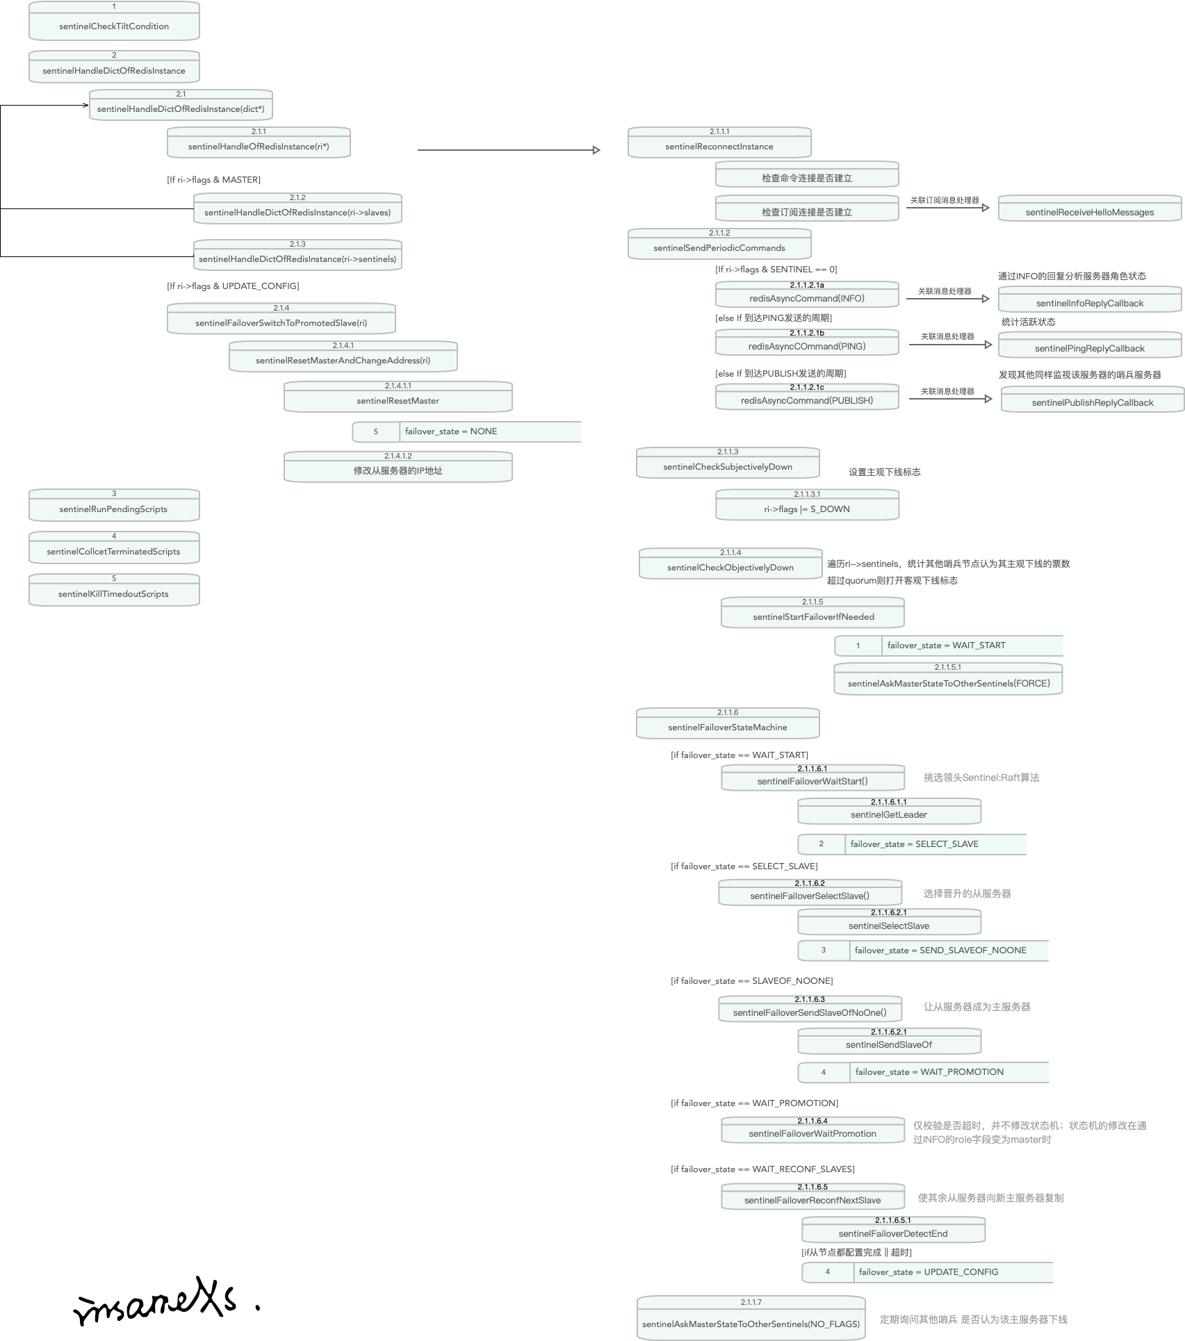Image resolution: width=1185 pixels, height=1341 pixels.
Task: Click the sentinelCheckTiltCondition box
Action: click(114, 22)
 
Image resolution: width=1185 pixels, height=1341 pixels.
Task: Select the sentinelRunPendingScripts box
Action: click(114, 505)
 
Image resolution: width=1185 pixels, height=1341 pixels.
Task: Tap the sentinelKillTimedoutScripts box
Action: click(114, 590)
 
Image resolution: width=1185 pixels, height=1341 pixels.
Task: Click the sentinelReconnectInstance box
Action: click(719, 142)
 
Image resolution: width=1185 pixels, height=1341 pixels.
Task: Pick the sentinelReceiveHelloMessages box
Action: click(1089, 208)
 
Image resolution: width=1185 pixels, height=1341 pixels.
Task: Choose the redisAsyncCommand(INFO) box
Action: click(807, 295)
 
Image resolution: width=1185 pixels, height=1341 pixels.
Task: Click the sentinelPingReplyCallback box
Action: click(1089, 345)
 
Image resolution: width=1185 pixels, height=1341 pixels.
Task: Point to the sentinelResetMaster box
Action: click(398, 397)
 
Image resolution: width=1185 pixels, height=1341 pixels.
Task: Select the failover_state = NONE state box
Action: click(466, 431)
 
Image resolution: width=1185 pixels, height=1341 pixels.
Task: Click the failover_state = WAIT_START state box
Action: click(948, 645)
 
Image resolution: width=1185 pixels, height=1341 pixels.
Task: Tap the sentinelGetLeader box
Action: click(889, 811)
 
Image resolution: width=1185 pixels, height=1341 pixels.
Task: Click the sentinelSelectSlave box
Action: click(889, 922)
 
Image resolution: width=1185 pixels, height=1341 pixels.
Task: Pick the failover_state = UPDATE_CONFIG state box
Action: click(927, 1272)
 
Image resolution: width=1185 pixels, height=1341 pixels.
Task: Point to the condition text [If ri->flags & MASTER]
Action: click(213, 180)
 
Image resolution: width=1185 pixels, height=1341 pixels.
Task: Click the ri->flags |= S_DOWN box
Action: click(807, 505)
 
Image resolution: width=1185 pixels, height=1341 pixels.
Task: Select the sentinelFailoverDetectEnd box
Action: click(893, 1230)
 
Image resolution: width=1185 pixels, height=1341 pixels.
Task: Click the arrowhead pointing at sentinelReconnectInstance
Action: click(596, 150)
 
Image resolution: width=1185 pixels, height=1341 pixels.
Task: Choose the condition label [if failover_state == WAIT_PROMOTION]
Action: click(754, 1103)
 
